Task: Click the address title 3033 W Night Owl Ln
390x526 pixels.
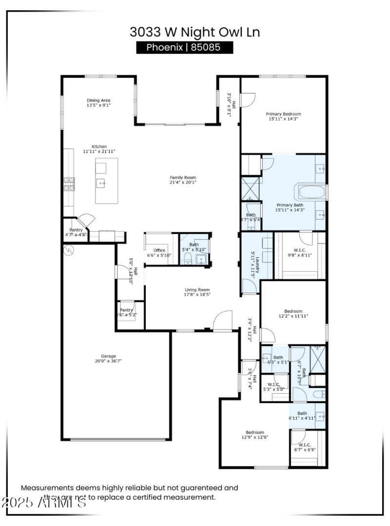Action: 195,32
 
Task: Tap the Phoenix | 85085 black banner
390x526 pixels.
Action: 185,47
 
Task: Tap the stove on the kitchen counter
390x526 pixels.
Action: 68,183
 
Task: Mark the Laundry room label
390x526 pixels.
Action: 253,264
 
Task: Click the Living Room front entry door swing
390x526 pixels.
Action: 223,321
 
